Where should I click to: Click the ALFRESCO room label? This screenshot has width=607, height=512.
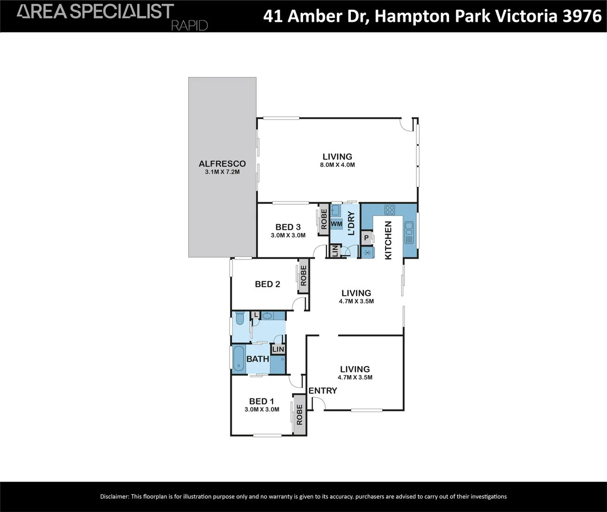click(222, 164)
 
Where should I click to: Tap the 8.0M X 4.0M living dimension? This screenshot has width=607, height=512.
click(337, 165)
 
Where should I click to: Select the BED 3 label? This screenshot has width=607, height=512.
click(288, 227)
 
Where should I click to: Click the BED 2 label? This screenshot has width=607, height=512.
click(267, 284)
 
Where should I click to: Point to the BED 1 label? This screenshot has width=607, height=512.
click(261, 401)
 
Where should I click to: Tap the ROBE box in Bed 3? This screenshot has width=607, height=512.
click(324, 219)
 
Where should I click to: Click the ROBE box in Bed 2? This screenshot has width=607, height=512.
click(303, 275)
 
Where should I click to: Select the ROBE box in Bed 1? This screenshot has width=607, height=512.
click(299, 414)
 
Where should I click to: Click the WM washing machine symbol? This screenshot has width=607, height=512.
click(336, 224)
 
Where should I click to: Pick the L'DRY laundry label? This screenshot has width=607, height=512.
click(351, 223)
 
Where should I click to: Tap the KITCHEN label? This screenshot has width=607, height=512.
click(388, 240)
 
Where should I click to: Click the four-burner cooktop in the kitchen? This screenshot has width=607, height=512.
click(390, 210)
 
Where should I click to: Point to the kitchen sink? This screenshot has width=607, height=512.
click(409, 232)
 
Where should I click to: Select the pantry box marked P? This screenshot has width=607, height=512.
click(366, 238)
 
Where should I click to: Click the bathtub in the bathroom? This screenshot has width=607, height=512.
click(238, 358)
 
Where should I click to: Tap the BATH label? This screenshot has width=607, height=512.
click(258, 359)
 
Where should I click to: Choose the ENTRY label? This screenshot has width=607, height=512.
click(322, 391)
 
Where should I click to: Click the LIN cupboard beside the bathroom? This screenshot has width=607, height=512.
click(278, 349)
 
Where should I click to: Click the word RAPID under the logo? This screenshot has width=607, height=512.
click(189, 25)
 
